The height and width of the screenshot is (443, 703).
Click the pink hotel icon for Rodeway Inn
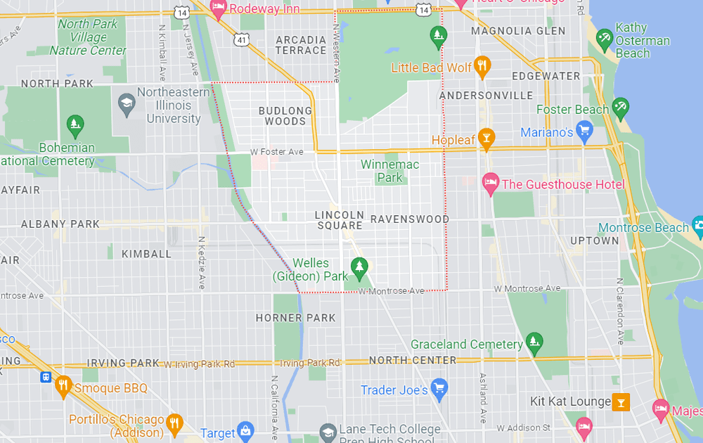218,8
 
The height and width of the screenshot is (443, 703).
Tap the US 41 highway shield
242,41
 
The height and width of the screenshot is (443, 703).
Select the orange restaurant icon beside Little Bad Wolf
482,67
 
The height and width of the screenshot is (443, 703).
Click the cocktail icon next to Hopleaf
486,139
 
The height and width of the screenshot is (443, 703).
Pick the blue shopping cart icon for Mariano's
583,131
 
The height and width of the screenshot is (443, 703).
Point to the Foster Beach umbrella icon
619,108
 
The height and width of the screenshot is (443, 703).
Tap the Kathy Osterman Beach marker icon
604,39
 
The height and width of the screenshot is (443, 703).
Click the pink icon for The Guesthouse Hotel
491,184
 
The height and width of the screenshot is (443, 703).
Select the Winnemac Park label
389,171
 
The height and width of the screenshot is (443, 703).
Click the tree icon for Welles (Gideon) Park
359,267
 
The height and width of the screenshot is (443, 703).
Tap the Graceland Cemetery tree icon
534,344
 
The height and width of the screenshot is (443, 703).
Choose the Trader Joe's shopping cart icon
439,388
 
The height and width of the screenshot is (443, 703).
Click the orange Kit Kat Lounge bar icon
620,402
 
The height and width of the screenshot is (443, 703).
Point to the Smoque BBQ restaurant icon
63,386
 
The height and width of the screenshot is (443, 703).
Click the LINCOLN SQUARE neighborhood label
340,220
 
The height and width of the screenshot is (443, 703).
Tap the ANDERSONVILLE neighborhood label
486,95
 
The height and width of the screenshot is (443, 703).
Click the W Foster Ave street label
277,152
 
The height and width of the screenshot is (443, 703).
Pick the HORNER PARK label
295,318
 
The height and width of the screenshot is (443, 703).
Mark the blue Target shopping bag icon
245,430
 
